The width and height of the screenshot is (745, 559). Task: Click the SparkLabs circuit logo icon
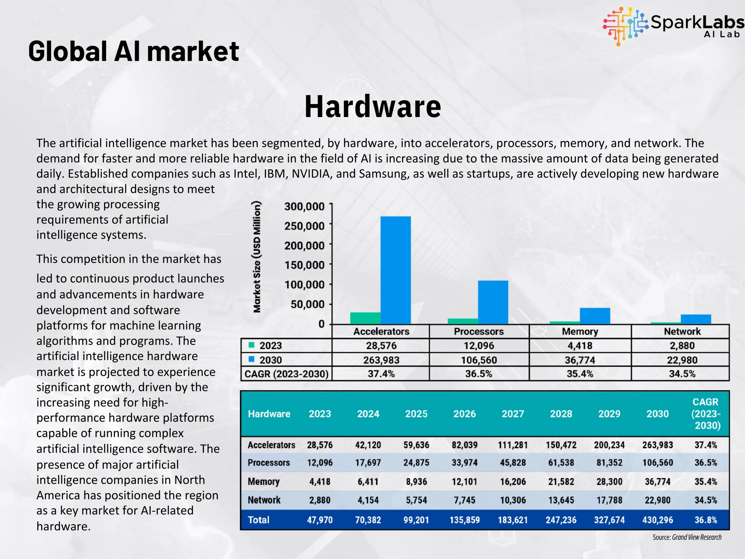tap(625, 26)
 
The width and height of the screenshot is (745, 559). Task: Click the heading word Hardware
tap(373, 107)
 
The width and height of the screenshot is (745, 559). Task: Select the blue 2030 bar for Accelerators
tap(395, 270)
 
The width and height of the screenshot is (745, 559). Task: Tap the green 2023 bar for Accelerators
tap(366, 318)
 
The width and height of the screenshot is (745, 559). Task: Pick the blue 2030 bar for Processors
tap(493, 302)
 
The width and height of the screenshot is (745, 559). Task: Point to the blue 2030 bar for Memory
tap(595, 316)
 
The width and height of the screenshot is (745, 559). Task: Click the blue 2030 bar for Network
tap(696, 319)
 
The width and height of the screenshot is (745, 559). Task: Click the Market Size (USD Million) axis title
tap(257, 257)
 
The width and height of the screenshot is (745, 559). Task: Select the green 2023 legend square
tap(251, 345)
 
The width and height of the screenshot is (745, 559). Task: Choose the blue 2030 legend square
tap(251, 359)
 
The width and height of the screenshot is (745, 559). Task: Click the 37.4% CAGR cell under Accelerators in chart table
tap(381, 374)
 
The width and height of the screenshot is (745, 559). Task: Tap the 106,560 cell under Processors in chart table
tap(479, 360)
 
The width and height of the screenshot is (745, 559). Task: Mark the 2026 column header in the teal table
tap(464, 414)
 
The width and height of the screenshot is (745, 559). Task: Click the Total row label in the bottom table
tap(259, 520)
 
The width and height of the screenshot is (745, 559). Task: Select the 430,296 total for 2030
tap(657, 520)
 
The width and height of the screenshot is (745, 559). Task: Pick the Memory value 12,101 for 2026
tap(464, 482)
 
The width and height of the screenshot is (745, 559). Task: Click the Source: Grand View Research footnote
tap(687, 537)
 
